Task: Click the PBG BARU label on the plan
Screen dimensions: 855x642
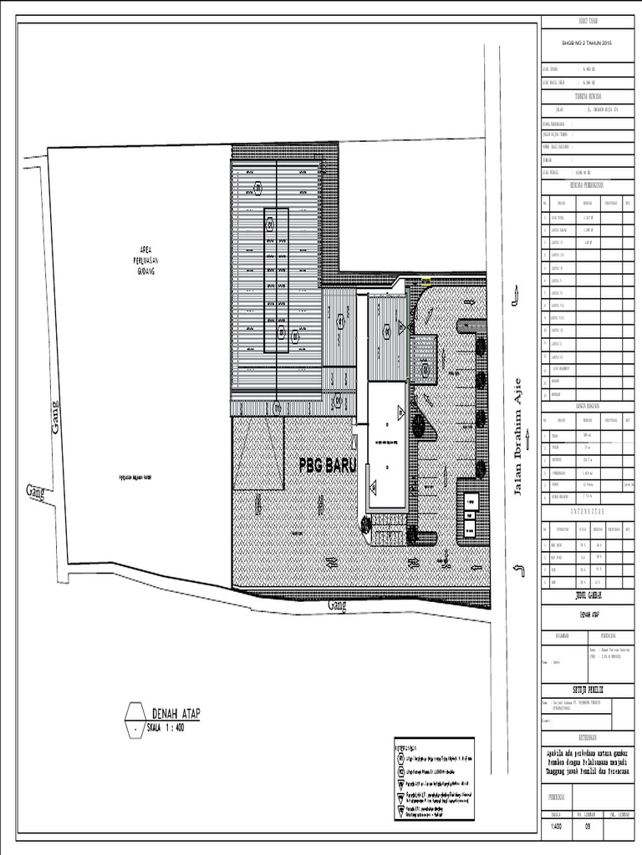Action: pyautogui.click(x=327, y=466)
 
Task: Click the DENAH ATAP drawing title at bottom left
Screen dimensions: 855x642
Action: pyautogui.click(x=181, y=712)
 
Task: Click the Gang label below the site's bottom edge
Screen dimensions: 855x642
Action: pyautogui.click(x=337, y=605)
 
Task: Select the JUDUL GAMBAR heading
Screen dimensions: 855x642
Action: pyautogui.click(x=588, y=596)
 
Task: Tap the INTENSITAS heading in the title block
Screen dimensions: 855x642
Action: pyautogui.click(x=588, y=510)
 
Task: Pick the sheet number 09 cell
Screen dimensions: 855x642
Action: pyautogui.click(x=588, y=827)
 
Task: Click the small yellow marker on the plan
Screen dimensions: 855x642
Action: pyautogui.click(x=426, y=281)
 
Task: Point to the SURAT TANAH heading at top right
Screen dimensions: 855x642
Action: pyautogui.click(x=588, y=21)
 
